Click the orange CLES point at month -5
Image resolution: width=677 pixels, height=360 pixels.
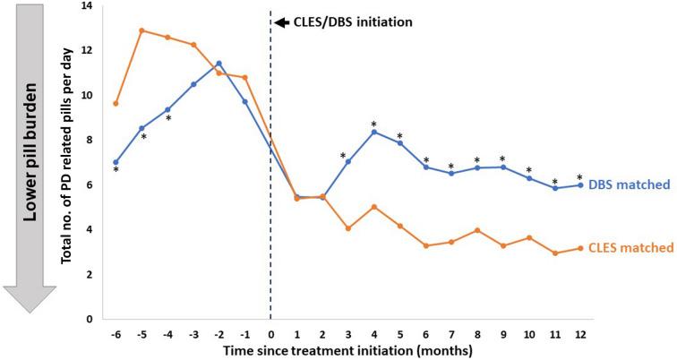pos(141,30)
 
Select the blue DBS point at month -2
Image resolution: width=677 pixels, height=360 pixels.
pos(219,64)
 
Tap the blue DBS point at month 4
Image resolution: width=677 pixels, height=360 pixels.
pos(373,132)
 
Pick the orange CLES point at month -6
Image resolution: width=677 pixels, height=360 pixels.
pos(116,103)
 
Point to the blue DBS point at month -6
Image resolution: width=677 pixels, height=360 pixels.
pos(116,162)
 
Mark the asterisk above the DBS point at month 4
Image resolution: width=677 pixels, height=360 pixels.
pos(373,124)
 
